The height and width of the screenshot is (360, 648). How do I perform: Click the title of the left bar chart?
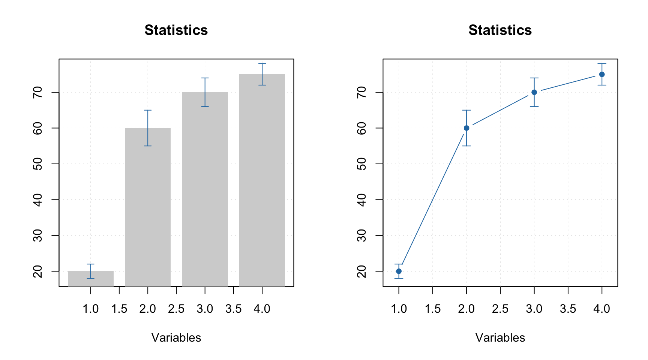(x=176, y=30)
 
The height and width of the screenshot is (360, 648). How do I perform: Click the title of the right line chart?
(x=500, y=30)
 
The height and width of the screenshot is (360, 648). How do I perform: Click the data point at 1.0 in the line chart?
(x=399, y=271)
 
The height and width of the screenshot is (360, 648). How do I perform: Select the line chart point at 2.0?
(x=466, y=128)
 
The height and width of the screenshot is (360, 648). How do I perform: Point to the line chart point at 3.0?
(x=534, y=92)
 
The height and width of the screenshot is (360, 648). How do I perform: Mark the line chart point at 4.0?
(x=602, y=74)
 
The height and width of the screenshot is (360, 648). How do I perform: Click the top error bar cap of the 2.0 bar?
(x=148, y=110)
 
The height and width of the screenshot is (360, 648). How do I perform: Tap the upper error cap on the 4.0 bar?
(x=262, y=64)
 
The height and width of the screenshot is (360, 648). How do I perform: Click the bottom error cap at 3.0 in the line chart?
(x=534, y=106)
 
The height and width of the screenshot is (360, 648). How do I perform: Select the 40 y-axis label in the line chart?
(x=361, y=199)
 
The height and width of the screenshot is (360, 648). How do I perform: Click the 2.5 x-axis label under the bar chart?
(x=176, y=309)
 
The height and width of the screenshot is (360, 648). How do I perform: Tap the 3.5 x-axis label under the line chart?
(x=568, y=309)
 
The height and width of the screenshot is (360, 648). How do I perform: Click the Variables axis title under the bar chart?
(x=176, y=337)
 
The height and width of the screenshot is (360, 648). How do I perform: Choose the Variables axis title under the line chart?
(x=500, y=337)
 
